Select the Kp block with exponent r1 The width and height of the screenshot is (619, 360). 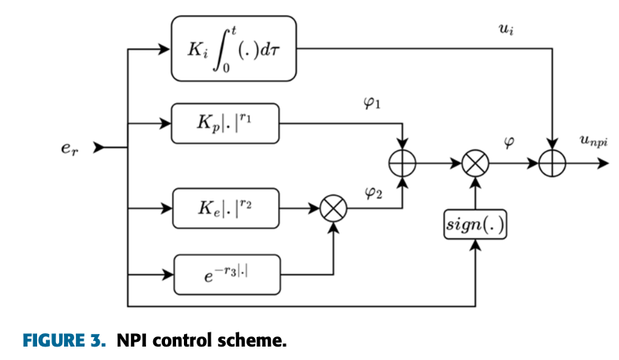225,123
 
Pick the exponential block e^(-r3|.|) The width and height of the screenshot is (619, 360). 225,274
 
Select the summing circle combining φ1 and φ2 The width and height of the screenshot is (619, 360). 403,164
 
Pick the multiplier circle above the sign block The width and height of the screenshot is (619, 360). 475,164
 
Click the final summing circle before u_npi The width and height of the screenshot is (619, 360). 553,164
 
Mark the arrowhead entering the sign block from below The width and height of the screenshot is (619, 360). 475,246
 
